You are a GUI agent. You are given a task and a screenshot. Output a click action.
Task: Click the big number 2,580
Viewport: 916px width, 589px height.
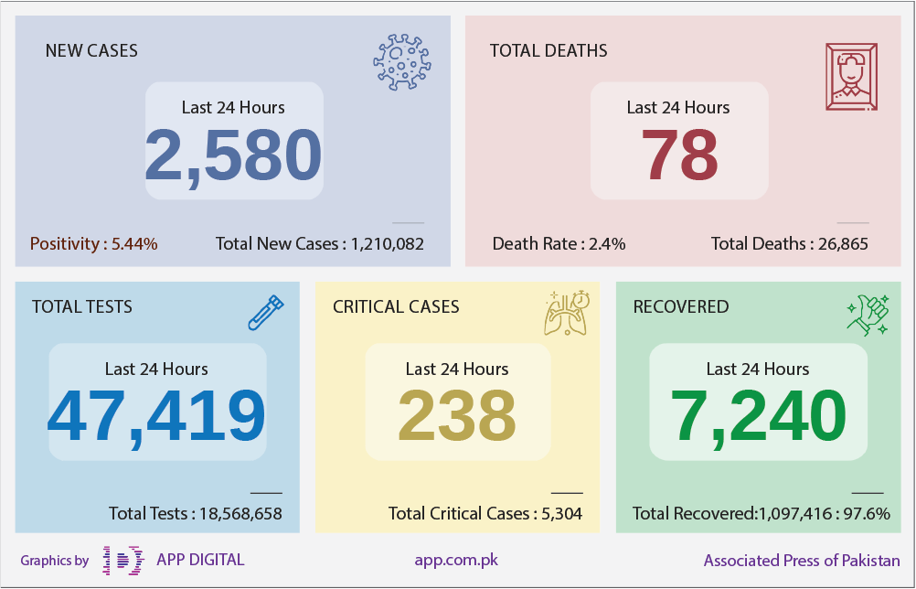233,155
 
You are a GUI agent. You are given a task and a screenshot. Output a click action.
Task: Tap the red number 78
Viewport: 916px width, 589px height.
679,155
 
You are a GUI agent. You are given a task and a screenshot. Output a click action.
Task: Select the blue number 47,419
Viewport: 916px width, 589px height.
156,417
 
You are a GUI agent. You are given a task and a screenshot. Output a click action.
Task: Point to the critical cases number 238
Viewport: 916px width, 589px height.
457,415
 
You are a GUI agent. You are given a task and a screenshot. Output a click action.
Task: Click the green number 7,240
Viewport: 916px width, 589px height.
758,417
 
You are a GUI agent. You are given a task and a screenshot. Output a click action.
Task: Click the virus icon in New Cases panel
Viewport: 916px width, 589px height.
402,62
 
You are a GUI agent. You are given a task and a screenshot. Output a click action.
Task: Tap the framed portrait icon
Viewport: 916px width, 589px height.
851,77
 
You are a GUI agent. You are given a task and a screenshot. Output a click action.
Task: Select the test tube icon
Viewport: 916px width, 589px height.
266,313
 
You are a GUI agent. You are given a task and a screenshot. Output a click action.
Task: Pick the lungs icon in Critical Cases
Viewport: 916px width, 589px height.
567,313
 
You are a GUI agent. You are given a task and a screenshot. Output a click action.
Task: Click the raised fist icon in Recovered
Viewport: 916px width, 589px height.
868,315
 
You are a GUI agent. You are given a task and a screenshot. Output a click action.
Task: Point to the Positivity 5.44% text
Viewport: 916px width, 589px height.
93,243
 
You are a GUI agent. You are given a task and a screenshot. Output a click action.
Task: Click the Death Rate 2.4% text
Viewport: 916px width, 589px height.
559,243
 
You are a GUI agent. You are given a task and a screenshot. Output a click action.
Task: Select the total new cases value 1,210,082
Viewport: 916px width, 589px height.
388,243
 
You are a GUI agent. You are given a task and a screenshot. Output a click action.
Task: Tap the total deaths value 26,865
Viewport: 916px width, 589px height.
843,243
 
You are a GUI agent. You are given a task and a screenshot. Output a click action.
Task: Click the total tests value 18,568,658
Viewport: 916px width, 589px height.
240,514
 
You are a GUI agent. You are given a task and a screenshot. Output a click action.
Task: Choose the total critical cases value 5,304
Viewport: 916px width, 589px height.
562,514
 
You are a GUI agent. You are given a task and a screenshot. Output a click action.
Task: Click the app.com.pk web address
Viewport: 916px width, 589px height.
456,560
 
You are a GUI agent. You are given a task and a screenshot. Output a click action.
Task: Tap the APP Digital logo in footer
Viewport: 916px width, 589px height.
123,561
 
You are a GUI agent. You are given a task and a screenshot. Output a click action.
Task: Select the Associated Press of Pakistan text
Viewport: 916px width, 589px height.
802,561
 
